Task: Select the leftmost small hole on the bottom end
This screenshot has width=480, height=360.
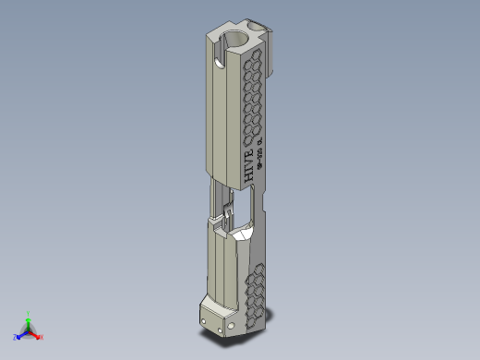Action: (204, 319)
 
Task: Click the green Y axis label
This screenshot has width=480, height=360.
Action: (30, 313)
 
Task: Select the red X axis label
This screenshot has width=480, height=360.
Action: (42, 336)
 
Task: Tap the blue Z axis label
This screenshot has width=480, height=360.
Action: (16, 337)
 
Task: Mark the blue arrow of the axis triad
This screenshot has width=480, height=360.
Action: (22, 334)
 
